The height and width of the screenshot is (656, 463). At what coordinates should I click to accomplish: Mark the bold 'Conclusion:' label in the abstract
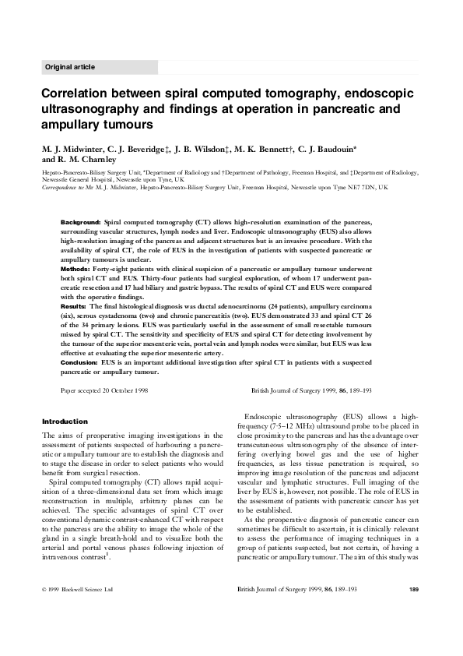pyautogui.click(x=79, y=362)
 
